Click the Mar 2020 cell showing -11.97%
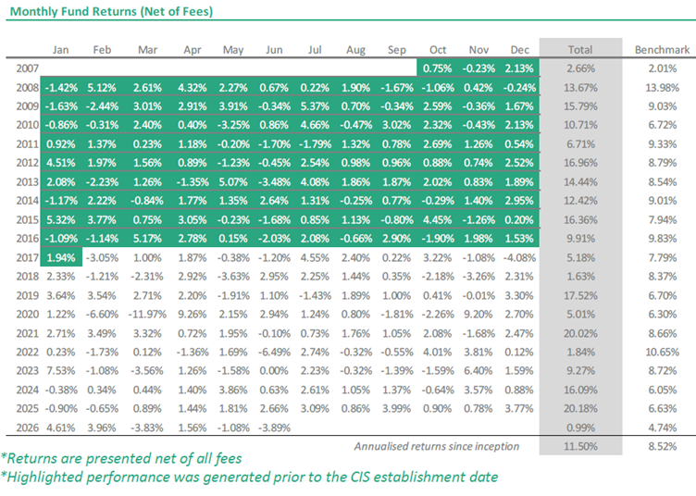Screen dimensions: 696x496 (147, 315)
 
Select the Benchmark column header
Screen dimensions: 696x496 (662, 50)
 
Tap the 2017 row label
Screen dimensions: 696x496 (28, 258)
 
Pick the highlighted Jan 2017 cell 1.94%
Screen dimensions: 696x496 (61, 258)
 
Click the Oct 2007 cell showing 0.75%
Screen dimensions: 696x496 (437, 68)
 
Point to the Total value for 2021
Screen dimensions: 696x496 (580, 333)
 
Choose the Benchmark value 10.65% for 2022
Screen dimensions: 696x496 (662, 353)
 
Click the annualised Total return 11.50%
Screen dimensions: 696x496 (580, 446)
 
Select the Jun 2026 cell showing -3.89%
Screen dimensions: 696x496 (274, 428)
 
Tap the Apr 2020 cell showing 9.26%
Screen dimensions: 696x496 (193, 315)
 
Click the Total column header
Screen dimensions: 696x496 (580, 50)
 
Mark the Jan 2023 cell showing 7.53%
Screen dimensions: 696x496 (61, 371)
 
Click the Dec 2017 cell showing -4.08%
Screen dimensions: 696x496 (519, 258)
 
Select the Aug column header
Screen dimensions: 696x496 (355, 50)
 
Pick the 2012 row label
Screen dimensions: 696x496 (28, 163)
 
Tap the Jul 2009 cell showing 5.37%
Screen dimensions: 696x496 (315, 106)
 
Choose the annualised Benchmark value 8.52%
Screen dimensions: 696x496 (662, 446)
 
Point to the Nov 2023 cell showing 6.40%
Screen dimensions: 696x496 (478, 371)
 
